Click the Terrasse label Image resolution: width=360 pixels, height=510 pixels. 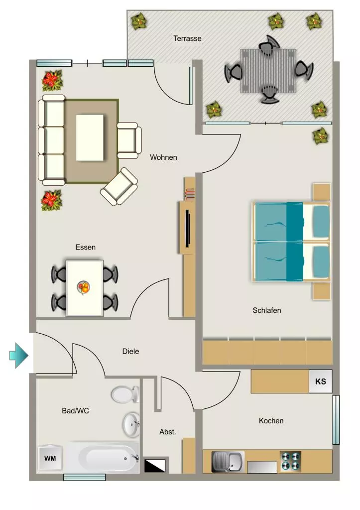187,38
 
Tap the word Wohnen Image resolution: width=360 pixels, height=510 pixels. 164,157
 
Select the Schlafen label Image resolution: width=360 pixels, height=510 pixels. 267,310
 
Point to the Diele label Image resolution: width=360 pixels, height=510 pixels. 130,351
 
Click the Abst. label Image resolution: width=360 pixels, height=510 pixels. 167,432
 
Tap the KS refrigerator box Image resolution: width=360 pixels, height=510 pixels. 320,381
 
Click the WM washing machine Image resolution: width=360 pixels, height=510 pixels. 50,459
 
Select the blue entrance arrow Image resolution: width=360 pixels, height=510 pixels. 19,356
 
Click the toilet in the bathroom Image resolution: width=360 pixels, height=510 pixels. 125,394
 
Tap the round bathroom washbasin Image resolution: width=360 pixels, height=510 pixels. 131,424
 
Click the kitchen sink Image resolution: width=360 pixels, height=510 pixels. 228,462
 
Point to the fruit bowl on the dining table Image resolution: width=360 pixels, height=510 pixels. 84,287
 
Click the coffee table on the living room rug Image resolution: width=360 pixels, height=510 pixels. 90,137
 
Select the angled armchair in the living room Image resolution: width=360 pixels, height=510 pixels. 119,186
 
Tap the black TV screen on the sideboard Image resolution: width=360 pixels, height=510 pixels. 188,228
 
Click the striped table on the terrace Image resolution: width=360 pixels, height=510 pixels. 268,71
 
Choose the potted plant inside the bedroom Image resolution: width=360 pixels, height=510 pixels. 320,136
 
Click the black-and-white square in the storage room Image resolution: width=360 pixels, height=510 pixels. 155,466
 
